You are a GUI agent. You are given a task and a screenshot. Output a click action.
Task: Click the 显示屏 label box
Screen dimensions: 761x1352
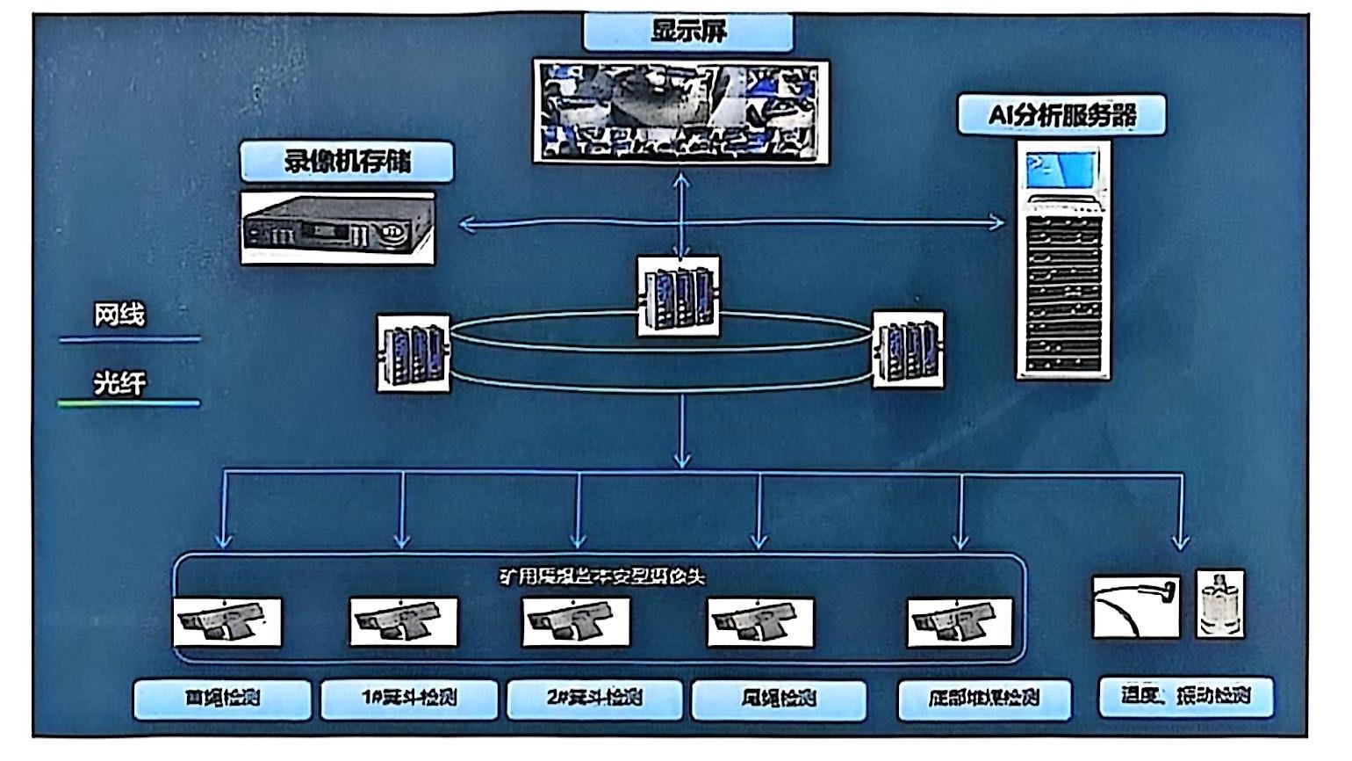point(688,33)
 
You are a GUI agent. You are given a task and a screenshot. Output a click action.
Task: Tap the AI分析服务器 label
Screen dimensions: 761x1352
point(1061,115)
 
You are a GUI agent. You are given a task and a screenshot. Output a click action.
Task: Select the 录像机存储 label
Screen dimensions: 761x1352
point(347,162)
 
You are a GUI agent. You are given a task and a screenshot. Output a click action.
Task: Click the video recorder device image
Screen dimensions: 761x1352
point(338,228)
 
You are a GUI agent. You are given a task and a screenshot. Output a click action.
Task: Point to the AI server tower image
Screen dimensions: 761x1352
point(1063,260)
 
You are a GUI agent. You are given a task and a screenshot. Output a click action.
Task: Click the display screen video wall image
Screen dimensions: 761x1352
point(681,111)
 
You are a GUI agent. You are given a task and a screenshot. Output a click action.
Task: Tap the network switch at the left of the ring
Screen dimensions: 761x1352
point(414,352)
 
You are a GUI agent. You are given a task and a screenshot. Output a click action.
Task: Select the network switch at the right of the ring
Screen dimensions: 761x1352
point(908,349)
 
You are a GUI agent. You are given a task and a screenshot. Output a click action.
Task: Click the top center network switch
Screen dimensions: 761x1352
point(679,296)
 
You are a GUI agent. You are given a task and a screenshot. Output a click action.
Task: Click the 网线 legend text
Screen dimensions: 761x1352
point(119,315)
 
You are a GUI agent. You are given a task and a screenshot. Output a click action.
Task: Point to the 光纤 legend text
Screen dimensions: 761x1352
point(119,382)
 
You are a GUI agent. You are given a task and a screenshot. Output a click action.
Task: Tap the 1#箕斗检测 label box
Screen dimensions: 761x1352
point(409,699)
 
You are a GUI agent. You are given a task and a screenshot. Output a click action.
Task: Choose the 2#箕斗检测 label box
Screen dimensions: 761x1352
point(594,699)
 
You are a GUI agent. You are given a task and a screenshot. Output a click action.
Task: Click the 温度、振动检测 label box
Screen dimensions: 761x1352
point(1185,696)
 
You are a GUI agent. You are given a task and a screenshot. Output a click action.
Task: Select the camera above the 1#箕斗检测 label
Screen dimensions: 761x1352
point(404,621)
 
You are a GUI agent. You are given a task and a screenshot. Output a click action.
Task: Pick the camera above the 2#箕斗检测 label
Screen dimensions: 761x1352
point(576,621)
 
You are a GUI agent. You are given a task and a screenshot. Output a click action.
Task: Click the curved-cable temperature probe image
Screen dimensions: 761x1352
point(1136,605)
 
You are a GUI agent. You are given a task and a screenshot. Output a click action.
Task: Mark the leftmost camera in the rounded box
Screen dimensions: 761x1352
point(227,621)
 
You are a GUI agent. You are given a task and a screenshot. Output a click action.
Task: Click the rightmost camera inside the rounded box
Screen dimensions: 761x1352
point(960,621)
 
